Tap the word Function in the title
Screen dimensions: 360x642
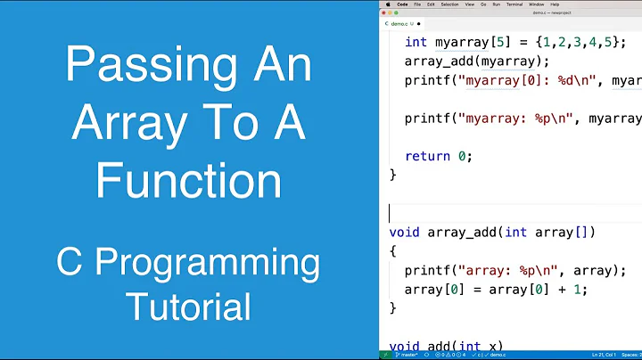(x=188, y=181)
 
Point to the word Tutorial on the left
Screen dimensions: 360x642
(x=188, y=307)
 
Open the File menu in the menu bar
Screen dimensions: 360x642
(x=416, y=4)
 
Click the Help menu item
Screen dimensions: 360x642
(x=555, y=4)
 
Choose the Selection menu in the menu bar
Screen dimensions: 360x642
(x=449, y=4)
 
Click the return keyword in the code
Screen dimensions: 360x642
(x=428, y=156)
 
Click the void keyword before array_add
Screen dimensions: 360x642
(x=406, y=233)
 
